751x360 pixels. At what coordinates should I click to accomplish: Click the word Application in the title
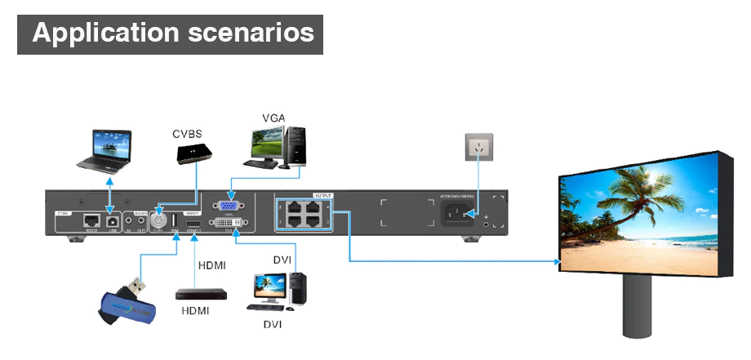click(104, 33)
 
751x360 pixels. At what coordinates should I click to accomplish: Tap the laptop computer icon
click(110, 150)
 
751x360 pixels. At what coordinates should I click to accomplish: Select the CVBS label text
click(187, 133)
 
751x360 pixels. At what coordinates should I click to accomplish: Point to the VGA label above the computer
click(273, 118)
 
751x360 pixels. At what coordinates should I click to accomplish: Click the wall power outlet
click(479, 148)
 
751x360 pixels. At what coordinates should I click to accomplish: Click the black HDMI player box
click(196, 292)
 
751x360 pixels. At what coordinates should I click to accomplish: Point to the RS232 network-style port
click(89, 220)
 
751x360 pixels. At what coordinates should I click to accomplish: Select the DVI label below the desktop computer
click(273, 324)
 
